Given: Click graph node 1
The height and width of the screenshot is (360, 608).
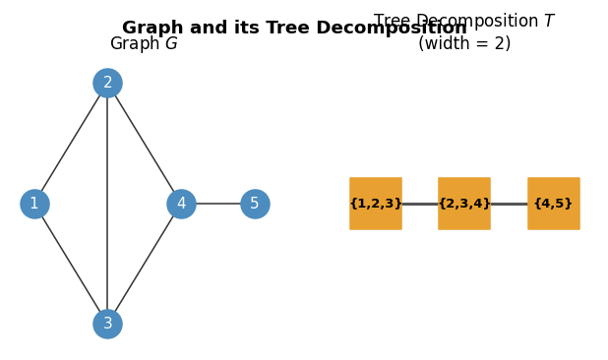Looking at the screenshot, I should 34,204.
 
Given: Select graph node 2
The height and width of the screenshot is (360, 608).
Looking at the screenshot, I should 107,83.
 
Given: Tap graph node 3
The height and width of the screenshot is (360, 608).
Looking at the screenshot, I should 107,324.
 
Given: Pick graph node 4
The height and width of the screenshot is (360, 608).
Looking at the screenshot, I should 181,204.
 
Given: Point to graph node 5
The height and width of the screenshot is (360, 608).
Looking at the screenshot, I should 255,204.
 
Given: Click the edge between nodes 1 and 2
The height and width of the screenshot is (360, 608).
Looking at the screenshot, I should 71,144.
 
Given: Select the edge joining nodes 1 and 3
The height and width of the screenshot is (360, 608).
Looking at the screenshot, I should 71,264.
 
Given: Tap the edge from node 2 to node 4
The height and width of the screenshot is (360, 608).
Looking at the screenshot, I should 145,144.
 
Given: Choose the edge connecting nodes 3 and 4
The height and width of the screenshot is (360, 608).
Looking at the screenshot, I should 145,264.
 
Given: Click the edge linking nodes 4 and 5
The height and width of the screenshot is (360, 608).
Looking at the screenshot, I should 218,204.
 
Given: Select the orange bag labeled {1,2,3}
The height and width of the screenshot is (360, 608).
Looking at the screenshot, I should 375,204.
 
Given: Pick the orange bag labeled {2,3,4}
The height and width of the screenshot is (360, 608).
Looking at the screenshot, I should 464,204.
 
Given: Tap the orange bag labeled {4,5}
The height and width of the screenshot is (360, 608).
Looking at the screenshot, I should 553,204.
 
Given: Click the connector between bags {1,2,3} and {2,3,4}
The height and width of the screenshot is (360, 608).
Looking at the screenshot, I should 420,204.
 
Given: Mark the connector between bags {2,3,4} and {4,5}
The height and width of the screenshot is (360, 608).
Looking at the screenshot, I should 509,204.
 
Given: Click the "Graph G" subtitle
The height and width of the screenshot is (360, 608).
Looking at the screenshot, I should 144,44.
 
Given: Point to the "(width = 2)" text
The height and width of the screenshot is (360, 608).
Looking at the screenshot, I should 464,44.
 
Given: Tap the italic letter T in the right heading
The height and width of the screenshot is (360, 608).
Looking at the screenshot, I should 549,22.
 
